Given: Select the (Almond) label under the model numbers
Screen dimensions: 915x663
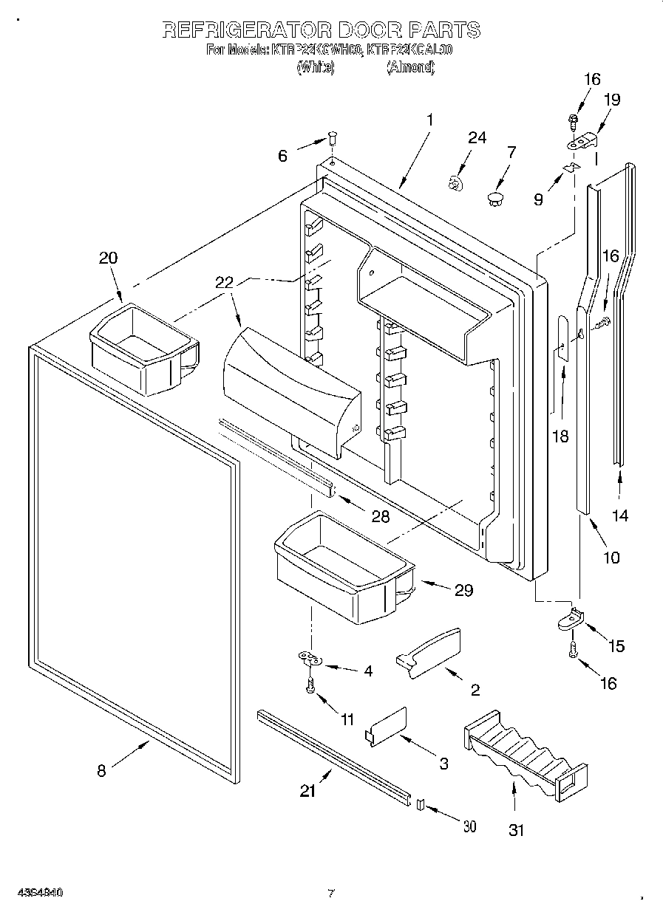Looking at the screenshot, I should point(409,67).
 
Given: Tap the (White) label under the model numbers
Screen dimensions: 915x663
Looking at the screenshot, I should point(316,67).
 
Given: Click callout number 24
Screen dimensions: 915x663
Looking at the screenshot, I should point(477,137).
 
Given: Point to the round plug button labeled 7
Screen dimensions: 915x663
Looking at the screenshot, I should point(496,196).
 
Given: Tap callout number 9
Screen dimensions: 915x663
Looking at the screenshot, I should point(538,198).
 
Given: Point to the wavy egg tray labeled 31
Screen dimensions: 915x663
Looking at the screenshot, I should point(526,753).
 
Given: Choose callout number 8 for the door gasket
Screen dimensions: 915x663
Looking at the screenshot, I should point(101,771).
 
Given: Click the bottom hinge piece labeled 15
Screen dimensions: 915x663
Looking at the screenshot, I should point(571,619).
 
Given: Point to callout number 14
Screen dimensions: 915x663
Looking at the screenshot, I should point(620,515).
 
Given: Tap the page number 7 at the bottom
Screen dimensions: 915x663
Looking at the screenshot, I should point(331,894).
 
